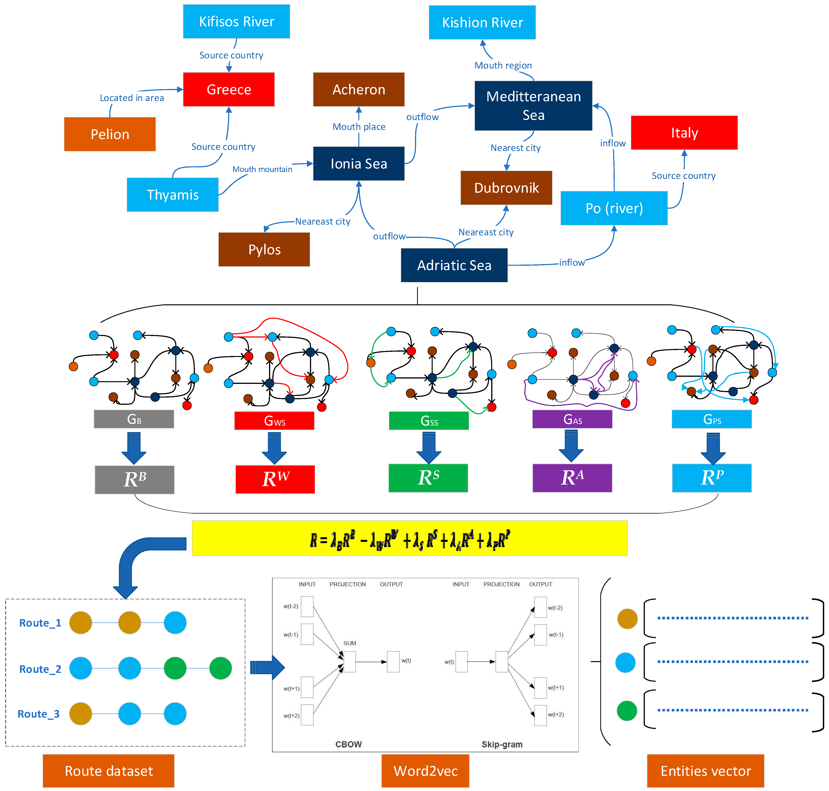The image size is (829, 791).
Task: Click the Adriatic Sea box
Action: click(x=454, y=265)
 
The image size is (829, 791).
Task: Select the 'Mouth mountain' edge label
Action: click(x=262, y=169)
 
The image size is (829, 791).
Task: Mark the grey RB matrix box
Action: click(x=134, y=479)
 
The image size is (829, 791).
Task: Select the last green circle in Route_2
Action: click(x=220, y=668)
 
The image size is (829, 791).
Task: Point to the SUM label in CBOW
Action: click(x=349, y=643)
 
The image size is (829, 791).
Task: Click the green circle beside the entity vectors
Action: click(x=627, y=710)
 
